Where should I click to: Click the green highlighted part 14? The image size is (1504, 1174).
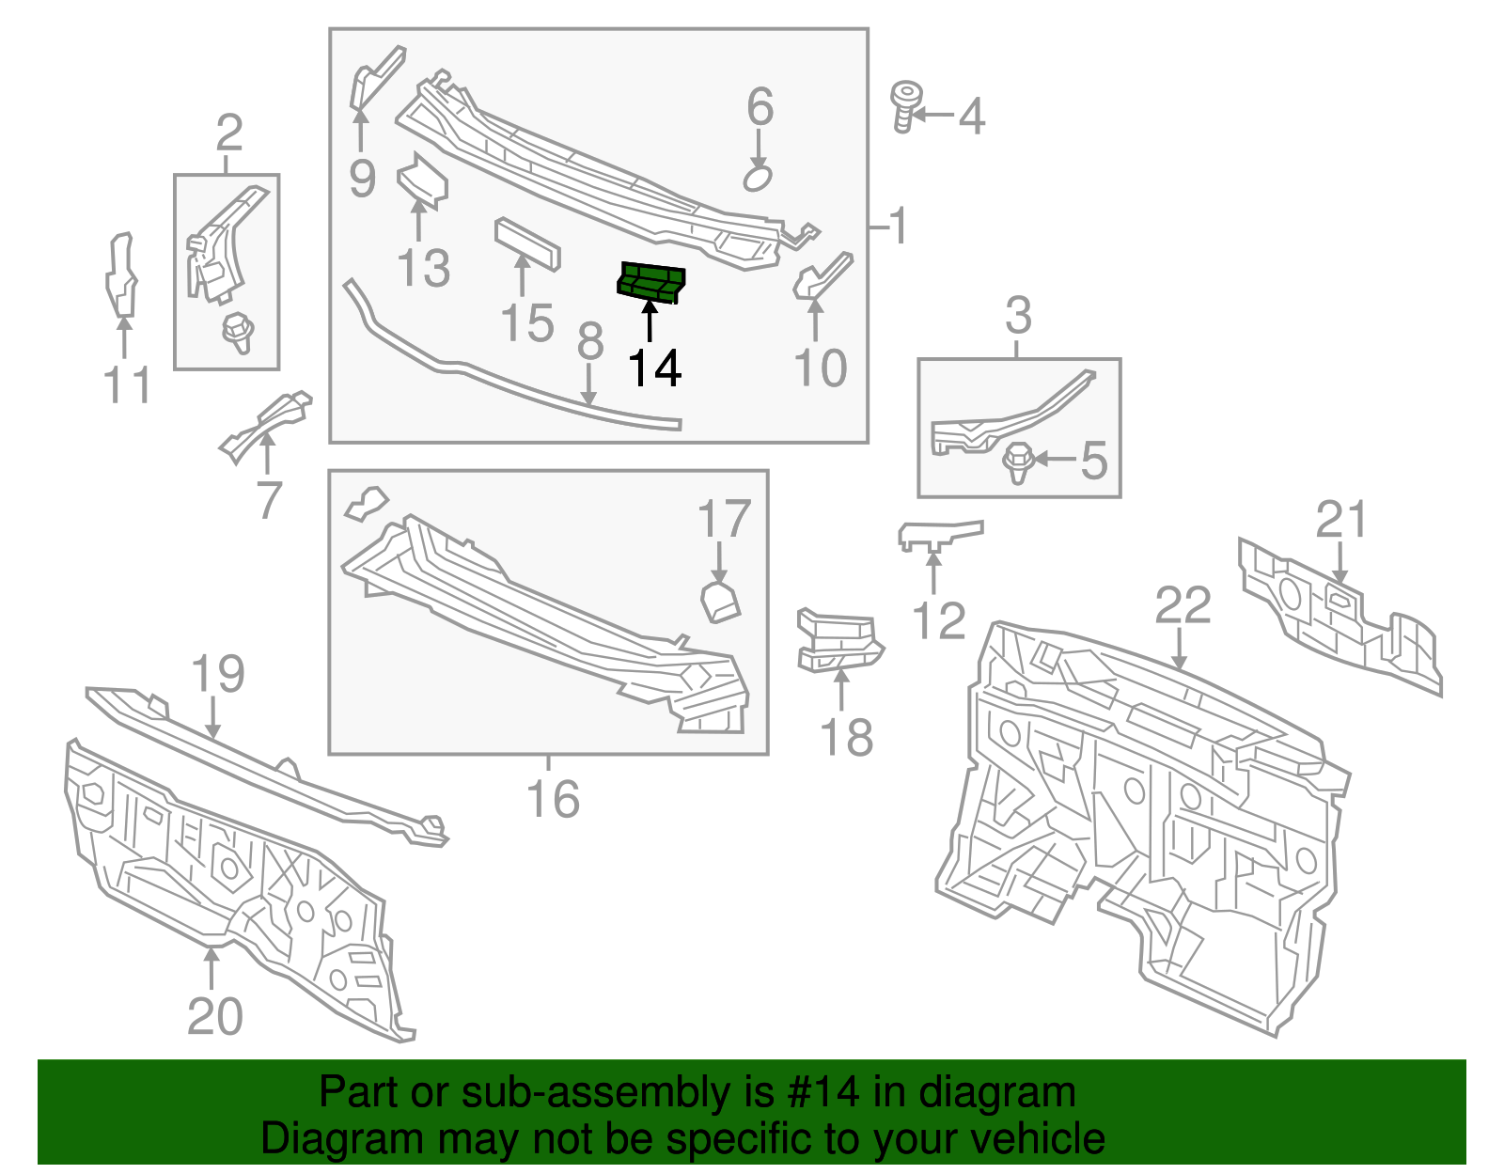(x=650, y=283)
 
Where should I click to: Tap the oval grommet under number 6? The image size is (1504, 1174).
(x=758, y=178)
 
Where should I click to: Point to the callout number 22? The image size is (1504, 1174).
(x=1183, y=606)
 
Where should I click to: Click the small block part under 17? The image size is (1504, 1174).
(x=720, y=602)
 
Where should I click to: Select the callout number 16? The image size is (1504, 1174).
(x=553, y=799)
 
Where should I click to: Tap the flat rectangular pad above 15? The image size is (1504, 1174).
(x=527, y=243)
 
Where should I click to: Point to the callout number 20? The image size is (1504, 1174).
(x=214, y=1016)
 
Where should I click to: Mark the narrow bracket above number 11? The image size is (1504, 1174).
(x=120, y=276)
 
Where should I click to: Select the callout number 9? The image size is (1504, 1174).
(x=362, y=178)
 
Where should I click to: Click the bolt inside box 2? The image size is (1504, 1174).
(x=237, y=332)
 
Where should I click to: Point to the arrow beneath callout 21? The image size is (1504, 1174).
(x=1339, y=564)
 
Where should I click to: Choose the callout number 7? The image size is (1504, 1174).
(x=269, y=500)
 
